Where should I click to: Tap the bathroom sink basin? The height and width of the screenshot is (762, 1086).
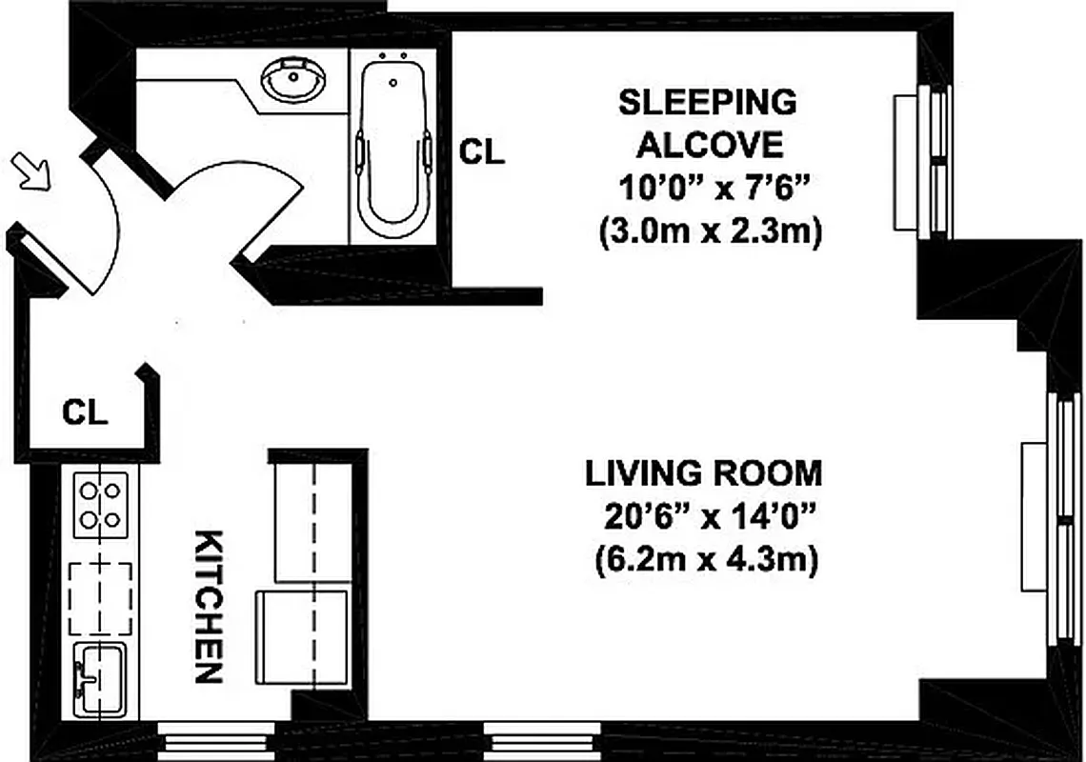pos(292,81)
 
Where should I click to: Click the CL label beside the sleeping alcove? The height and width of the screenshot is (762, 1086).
pos(482,152)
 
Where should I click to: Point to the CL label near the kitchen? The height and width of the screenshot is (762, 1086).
pos(86,413)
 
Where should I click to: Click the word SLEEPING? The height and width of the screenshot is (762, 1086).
pos(707,102)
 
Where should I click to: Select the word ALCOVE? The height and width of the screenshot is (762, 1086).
pos(711,145)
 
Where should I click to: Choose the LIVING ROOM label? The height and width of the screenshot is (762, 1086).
pos(703,472)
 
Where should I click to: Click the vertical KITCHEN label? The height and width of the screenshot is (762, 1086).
pos(209,606)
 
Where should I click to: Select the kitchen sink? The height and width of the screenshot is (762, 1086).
pos(100,678)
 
